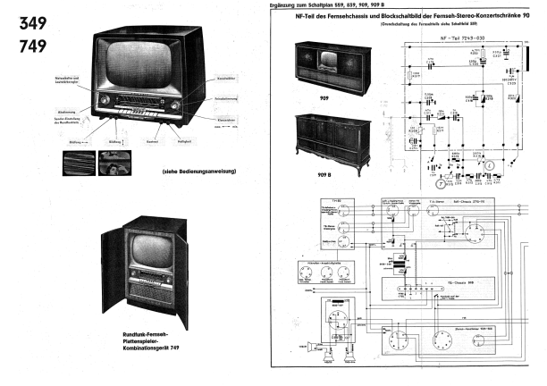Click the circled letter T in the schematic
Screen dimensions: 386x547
click(x=452, y=184)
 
